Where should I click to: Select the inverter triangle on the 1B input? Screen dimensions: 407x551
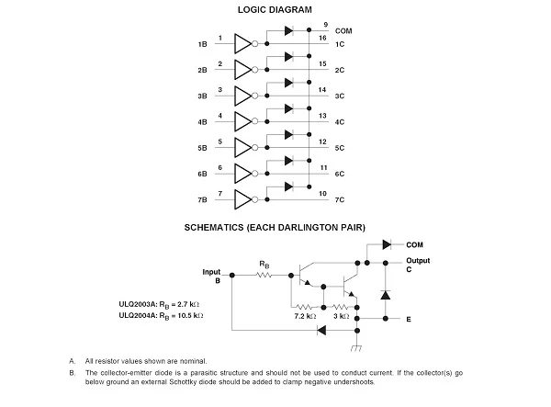tap(243, 43)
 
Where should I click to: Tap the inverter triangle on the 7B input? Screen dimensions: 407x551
tap(243, 198)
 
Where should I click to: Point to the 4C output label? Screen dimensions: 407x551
tap(340, 121)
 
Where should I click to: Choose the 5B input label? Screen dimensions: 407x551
tap(201, 148)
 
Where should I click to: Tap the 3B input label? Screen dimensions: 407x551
tap(201, 96)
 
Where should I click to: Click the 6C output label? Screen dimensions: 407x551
tap(340, 174)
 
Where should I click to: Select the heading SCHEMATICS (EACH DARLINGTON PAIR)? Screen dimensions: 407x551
tap(275, 226)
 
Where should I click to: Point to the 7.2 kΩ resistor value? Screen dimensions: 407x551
tap(305, 316)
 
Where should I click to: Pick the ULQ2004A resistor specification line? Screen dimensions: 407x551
tap(163, 315)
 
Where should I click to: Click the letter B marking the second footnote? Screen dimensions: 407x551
tap(72, 373)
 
